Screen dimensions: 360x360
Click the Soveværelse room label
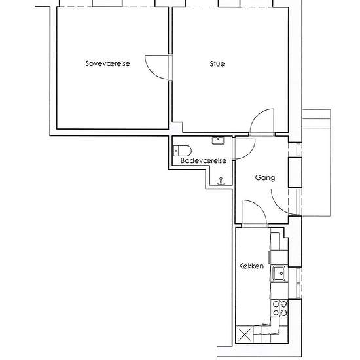pos(107,63)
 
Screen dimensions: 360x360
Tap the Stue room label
pos(217,63)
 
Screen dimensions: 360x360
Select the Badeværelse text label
pos(204,160)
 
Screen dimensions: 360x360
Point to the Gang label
pos(265,177)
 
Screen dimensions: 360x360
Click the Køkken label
pos(251,266)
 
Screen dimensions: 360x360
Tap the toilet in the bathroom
pos(183,151)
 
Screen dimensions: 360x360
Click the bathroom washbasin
pos(218,141)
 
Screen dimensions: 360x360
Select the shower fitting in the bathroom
pos(221,181)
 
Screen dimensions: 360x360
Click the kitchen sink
pos(279,274)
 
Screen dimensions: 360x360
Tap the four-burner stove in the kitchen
pos(279,308)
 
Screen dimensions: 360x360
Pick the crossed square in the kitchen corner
pos(245,334)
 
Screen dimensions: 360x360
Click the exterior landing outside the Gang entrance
pos(316,163)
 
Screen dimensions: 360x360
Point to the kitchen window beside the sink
pos(298,283)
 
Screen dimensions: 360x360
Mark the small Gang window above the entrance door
pos(298,150)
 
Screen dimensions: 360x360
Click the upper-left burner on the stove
pos(276,304)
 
